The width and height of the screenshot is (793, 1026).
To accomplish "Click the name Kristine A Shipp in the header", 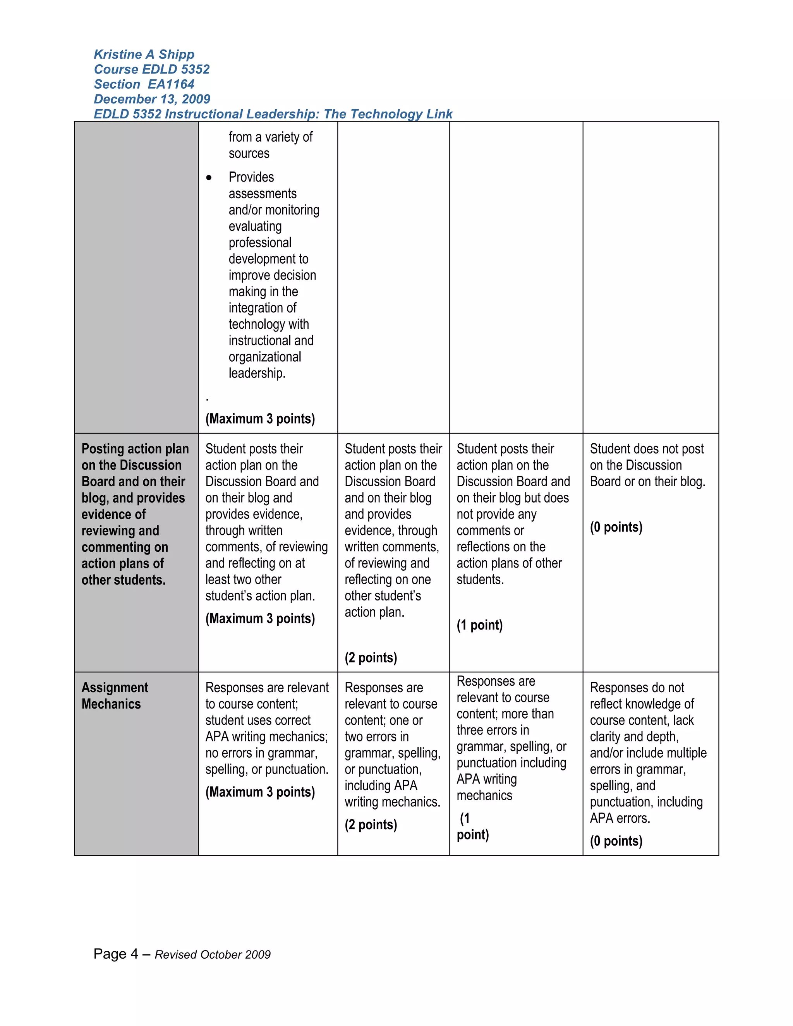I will (144, 55).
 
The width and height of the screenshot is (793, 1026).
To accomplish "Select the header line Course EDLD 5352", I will (151, 70).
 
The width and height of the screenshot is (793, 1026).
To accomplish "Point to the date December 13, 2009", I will (152, 99).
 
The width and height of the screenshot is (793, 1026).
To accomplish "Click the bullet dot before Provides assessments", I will (209, 178).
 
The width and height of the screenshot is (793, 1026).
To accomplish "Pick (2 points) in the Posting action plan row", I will (371, 657).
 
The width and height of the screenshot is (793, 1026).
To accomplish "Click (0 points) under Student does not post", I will (616, 527).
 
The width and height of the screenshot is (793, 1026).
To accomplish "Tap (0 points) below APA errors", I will (616, 841).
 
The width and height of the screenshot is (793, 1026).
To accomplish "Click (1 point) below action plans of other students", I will (479, 625).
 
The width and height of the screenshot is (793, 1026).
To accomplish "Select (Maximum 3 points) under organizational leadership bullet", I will (260, 419).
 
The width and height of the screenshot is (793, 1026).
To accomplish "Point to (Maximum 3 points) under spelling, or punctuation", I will (260, 792).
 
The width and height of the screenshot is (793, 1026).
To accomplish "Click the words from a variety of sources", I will (270, 145).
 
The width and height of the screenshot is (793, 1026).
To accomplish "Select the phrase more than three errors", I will (505, 722).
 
